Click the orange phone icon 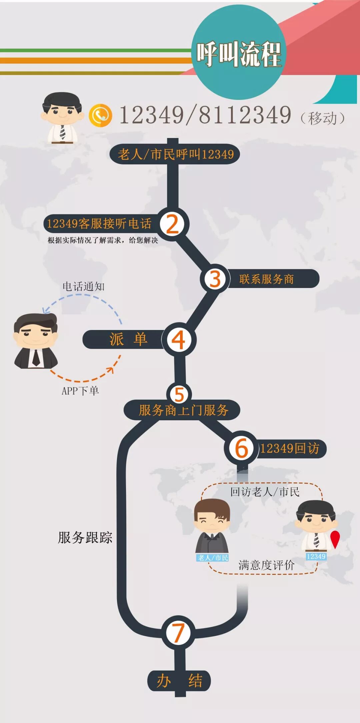(x=100, y=115)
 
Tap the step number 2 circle (x=173, y=224)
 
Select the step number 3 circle (x=215, y=279)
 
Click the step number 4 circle (x=179, y=340)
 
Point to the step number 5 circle (x=179, y=394)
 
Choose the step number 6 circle (x=242, y=448)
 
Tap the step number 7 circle (x=178, y=633)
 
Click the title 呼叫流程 (x=239, y=54)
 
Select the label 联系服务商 (x=266, y=279)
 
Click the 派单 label (x=128, y=339)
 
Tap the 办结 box (x=179, y=680)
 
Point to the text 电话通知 (x=84, y=286)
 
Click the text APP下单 (x=80, y=390)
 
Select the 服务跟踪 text (x=85, y=537)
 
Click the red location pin (x=335, y=539)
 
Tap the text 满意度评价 (x=266, y=565)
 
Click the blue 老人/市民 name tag (x=213, y=558)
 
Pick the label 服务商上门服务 (x=183, y=410)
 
